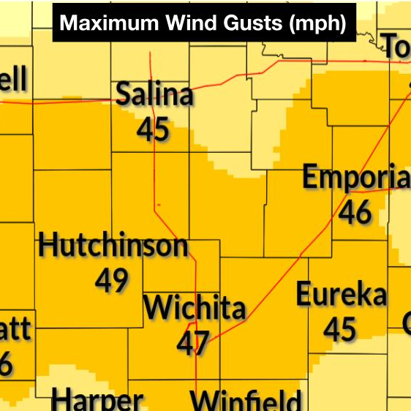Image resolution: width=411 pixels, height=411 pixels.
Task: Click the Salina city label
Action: tap(155, 95)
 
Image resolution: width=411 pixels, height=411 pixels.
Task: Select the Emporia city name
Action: tap(356, 178)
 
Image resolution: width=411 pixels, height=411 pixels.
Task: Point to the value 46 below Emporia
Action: tap(355, 212)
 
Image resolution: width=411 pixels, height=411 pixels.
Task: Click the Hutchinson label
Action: tap(113, 246)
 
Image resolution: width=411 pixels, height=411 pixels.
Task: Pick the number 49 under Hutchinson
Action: tap(112, 279)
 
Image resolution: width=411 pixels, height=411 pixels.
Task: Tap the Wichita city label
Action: tap(194, 308)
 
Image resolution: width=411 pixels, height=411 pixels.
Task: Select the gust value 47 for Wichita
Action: tap(193, 342)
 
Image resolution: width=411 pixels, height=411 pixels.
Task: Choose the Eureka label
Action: tap(341, 295)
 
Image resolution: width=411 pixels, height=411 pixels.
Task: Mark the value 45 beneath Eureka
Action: tap(340, 329)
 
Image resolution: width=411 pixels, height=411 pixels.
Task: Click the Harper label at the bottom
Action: tap(97, 401)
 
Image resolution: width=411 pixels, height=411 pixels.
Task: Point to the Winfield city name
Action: tap(246, 401)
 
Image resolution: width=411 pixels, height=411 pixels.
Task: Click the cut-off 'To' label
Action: tap(397, 48)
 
